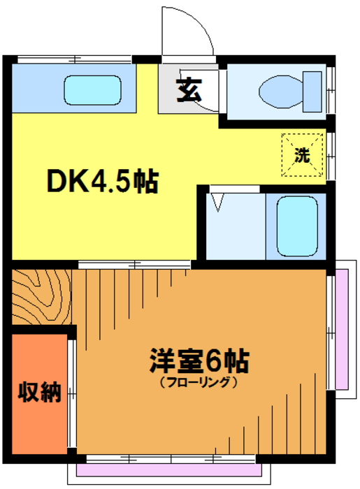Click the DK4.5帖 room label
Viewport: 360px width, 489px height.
coord(103,182)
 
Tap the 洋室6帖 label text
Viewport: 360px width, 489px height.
coord(200,361)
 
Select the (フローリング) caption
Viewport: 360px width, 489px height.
coord(199,382)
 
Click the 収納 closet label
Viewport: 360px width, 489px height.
coord(39,391)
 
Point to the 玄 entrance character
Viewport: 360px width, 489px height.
coord(189,90)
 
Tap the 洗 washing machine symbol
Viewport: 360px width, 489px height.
coord(302,155)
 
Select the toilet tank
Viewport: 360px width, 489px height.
coord(312,92)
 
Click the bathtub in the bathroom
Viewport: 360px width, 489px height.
coord(297,226)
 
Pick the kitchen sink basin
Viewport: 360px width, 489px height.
coord(93,90)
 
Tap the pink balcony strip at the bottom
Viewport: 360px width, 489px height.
coord(169,470)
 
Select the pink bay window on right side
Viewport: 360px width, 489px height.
coord(342,329)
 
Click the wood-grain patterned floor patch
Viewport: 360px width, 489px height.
coord(42,297)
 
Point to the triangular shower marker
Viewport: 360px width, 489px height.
coord(217,202)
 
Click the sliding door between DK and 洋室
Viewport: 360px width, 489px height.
coord(134,265)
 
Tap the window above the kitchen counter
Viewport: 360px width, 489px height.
coord(75,59)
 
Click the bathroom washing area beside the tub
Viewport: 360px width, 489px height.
coord(236,226)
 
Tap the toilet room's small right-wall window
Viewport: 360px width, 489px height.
coord(331,90)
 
